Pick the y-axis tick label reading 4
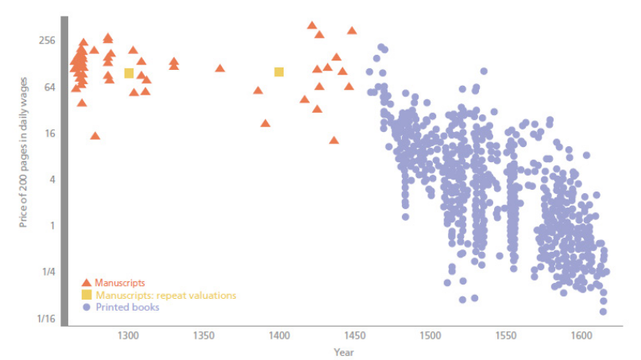click(x=50, y=180)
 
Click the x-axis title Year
click(x=344, y=352)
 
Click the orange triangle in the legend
click(x=87, y=282)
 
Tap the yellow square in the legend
click(x=87, y=295)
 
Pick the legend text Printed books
click(x=127, y=307)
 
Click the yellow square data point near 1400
click(x=279, y=72)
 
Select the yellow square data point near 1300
click(x=129, y=73)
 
